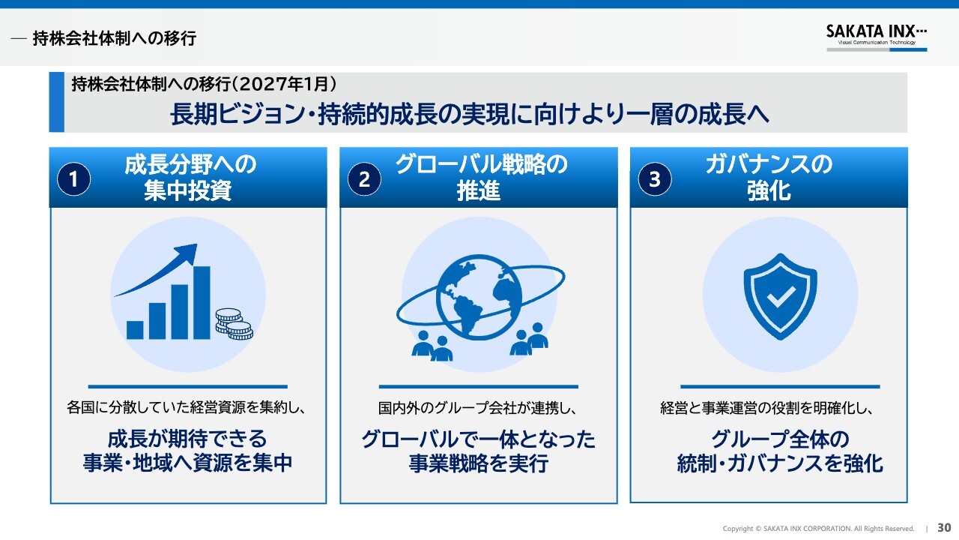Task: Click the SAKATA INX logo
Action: [x=877, y=37]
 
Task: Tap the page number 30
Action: [x=944, y=527]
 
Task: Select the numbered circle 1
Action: [x=73, y=179]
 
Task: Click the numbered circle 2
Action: [x=364, y=179]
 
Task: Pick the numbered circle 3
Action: [x=655, y=179]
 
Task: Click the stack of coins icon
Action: [x=234, y=324]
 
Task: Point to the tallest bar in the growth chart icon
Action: [x=202, y=302]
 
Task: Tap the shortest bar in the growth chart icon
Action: [x=135, y=330]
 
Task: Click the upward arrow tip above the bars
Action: [x=196, y=245]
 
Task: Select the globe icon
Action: [x=479, y=297]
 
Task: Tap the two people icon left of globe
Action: [x=432, y=346]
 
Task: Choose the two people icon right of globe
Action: [x=529, y=339]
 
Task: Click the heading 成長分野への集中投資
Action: [x=190, y=178]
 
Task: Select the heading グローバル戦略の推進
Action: [x=480, y=178]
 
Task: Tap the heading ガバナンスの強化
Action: [x=769, y=178]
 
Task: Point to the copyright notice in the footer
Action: [x=818, y=529]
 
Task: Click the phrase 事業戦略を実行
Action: [x=479, y=463]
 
